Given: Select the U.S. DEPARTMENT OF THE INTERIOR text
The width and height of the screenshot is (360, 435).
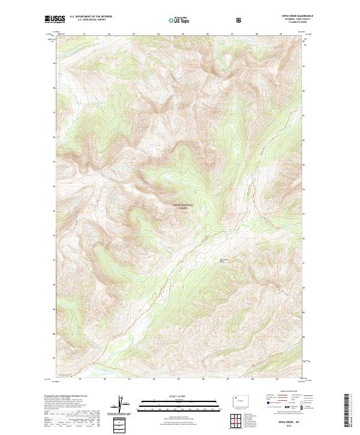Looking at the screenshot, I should tap(91, 17).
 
